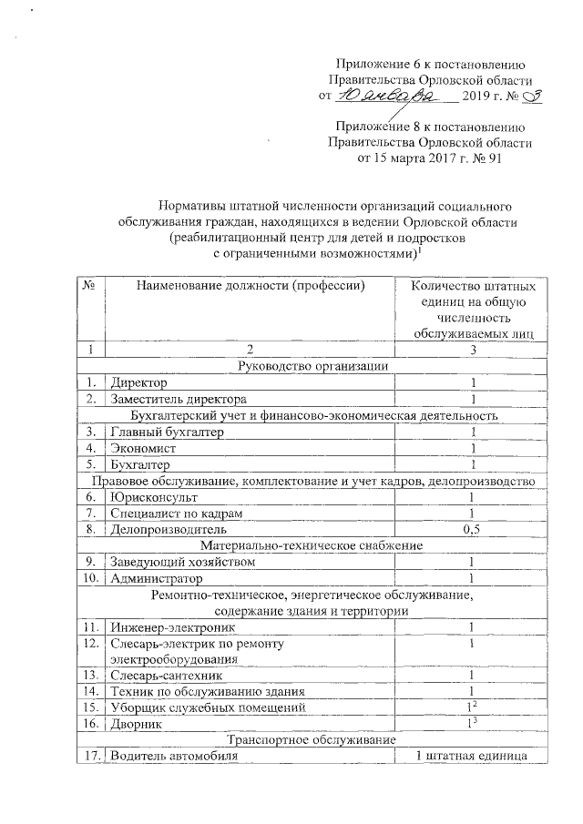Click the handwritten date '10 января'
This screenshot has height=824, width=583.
coord(375,95)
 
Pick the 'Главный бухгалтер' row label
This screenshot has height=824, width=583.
coord(160,432)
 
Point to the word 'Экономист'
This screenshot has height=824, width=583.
coord(144,448)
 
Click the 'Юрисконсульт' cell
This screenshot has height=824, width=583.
coord(153,497)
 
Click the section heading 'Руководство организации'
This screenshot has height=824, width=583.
coord(312,366)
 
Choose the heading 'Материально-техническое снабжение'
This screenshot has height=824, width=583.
coord(312,545)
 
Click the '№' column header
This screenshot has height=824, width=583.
coord(90,286)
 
